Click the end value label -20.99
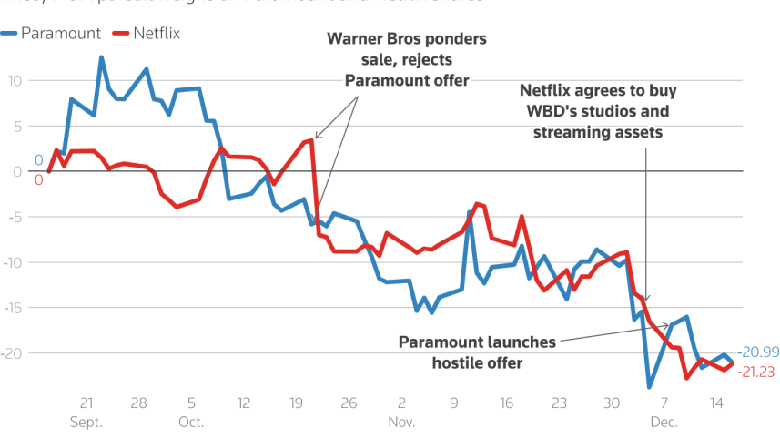click(758, 352)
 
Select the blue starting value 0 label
click(38, 161)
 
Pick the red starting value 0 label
click(38, 180)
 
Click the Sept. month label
click(86, 423)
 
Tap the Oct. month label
click(191, 423)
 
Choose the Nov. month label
click(401, 423)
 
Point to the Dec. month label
click(664, 423)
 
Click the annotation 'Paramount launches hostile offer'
click(477, 352)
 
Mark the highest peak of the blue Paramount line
click(101, 57)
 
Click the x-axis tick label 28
click(138, 403)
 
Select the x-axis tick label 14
click(716, 403)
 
